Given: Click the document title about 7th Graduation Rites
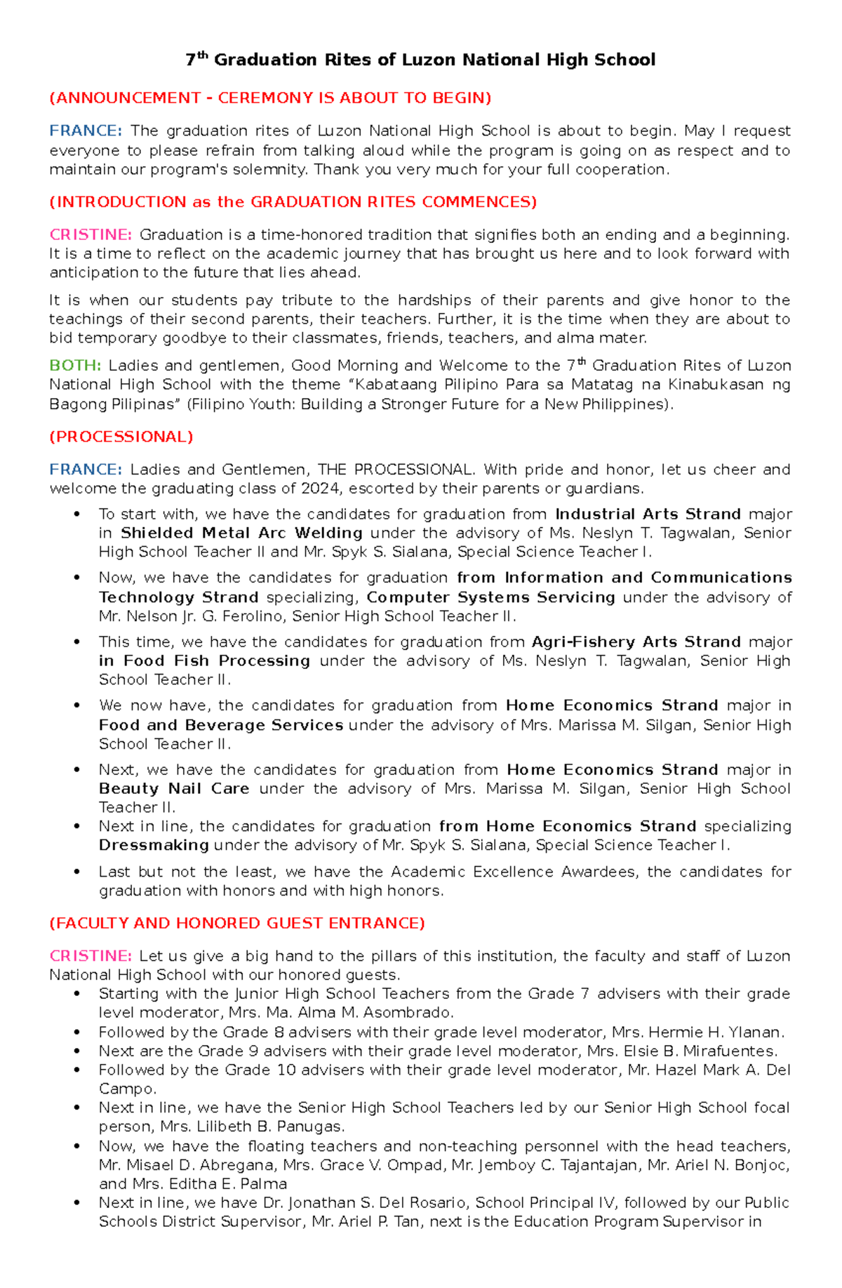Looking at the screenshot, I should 420,60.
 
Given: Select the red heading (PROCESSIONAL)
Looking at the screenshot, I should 121,437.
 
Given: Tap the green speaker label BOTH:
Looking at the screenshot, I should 75,366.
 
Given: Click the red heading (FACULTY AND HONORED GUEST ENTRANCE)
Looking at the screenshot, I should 237,923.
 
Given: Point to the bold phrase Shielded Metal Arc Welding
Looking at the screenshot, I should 241,533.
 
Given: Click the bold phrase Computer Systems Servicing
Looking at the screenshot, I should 490,597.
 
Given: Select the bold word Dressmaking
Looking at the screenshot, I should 154,845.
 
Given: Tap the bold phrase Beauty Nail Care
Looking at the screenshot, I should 173,788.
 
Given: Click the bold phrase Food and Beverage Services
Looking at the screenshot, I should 220,725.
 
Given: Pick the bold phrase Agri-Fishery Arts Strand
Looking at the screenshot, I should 636,642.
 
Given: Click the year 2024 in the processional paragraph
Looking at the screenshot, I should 321,489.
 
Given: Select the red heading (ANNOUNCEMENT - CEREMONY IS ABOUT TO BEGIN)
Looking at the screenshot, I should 270,98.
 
